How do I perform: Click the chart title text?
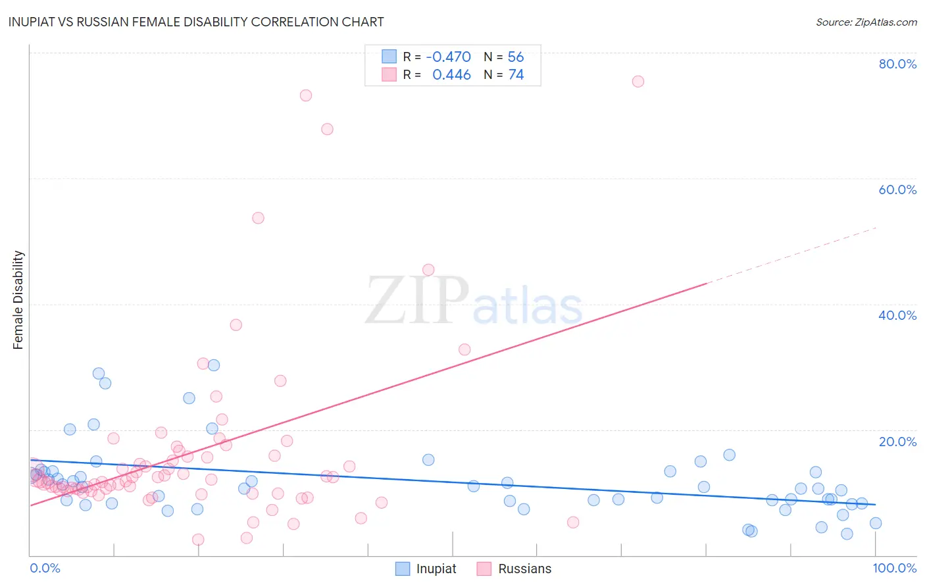(196, 22)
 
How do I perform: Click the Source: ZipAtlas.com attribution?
(866, 22)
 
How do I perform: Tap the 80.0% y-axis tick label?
(897, 64)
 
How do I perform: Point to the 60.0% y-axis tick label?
(897, 190)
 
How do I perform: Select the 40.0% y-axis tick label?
(897, 315)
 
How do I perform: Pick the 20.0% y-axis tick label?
(897, 442)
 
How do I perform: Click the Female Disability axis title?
(18, 299)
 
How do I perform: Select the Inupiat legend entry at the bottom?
(426, 569)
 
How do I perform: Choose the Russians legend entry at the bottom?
(514, 569)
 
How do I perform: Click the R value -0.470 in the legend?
(448, 57)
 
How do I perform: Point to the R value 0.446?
(451, 75)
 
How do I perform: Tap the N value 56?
(516, 57)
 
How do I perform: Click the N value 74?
(516, 75)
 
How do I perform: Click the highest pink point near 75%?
(637, 82)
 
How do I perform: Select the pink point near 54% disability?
(258, 218)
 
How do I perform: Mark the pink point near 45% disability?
(428, 270)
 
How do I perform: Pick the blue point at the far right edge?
(875, 523)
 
